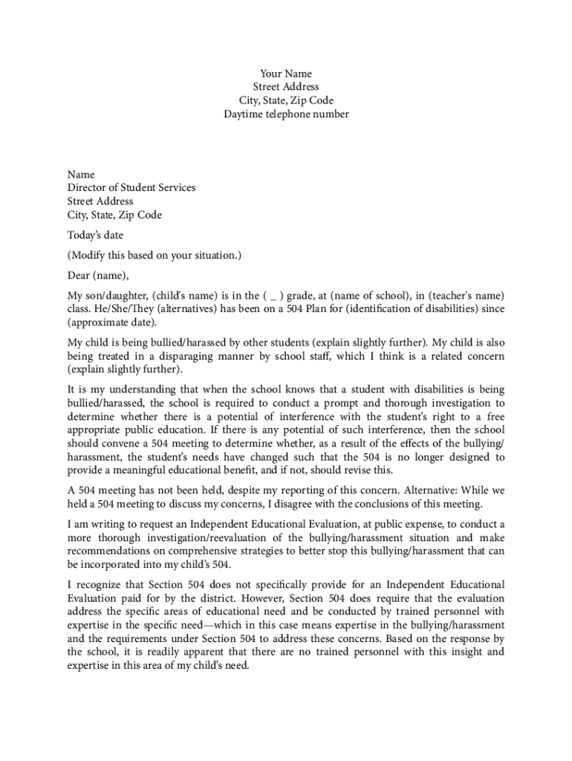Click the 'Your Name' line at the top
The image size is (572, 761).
(x=286, y=74)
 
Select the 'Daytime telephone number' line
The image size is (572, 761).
(x=286, y=114)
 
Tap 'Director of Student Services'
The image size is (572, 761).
(x=131, y=188)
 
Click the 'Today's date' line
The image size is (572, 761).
(x=95, y=236)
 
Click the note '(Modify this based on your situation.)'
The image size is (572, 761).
(x=155, y=256)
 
